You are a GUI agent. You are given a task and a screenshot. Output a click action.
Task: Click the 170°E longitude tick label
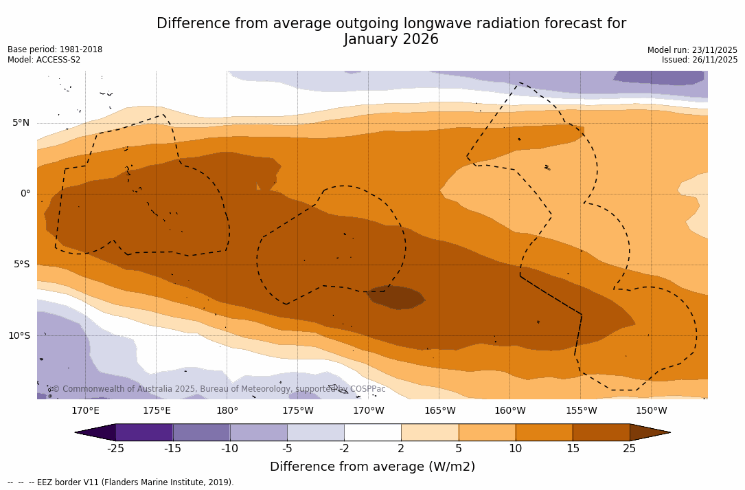point(85,411)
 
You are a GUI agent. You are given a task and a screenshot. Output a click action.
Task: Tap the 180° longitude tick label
point(227,411)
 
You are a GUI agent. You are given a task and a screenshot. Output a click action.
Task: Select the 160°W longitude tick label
point(510,411)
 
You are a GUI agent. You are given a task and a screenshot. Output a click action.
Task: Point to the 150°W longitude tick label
point(652,411)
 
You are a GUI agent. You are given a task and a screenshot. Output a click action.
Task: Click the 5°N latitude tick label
point(21,123)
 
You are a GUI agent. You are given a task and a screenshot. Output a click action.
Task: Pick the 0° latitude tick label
point(25,194)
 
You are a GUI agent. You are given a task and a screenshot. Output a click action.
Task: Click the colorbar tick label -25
point(115,449)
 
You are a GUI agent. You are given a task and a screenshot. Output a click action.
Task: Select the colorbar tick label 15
point(573,449)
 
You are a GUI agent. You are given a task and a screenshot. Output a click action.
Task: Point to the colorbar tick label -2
point(344,449)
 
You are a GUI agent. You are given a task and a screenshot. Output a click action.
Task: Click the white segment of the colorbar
point(372,432)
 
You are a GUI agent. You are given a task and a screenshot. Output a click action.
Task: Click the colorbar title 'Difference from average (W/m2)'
point(372,467)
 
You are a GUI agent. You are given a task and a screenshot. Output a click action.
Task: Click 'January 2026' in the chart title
point(391,40)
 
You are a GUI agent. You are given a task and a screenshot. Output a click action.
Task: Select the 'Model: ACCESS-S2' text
point(44,60)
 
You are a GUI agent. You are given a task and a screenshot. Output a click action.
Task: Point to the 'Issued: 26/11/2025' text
point(700,60)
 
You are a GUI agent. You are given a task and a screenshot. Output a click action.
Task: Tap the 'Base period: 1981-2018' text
point(55,49)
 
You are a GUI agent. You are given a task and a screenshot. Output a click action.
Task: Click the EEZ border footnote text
point(121,482)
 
